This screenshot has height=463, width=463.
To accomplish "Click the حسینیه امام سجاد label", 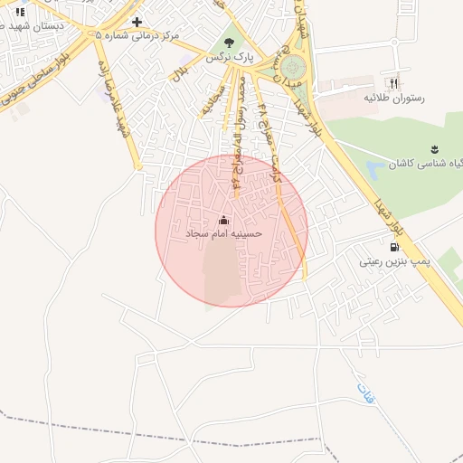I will click(224, 233).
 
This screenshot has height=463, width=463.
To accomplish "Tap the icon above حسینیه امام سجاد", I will click(224, 220).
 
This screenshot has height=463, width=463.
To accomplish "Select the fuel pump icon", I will click(393, 247).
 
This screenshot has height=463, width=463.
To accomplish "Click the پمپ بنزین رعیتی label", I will click(395, 261).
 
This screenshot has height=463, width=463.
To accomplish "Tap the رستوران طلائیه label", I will click(394, 96).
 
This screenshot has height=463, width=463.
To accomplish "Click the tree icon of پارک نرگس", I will click(229, 42).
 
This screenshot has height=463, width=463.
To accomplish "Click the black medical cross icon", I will click(137, 22).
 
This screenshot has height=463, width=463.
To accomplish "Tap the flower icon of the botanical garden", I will click(435, 149).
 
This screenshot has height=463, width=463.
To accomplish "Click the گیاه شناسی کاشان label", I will click(426, 165).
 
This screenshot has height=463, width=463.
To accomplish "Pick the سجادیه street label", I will click(207, 99).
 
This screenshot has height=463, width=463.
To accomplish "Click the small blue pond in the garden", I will click(375, 167).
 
